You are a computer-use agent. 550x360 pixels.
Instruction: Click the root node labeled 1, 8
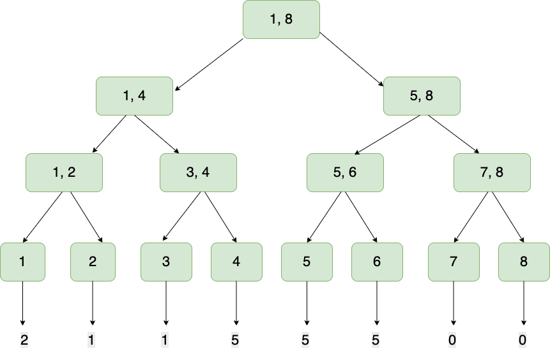(x=281, y=20)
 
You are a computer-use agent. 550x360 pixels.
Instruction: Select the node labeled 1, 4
(x=134, y=96)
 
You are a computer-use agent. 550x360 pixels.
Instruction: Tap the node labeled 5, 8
(x=422, y=96)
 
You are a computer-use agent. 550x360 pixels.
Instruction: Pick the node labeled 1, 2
(x=64, y=172)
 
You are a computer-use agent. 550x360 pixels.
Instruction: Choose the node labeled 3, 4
(x=198, y=172)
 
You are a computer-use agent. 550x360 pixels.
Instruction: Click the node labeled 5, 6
(x=345, y=172)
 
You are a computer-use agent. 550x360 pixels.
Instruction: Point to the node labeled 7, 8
(x=492, y=172)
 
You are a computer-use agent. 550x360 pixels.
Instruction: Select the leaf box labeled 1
(x=22, y=262)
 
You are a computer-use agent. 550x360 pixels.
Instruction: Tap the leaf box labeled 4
(x=236, y=262)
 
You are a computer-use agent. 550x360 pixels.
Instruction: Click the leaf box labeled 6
(x=377, y=262)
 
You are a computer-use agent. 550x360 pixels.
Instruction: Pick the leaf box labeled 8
(x=524, y=262)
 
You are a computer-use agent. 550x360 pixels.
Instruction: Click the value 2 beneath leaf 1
(x=24, y=340)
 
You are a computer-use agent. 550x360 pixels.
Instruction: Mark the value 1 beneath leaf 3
(x=165, y=340)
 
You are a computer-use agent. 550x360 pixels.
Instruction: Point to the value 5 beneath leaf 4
(x=235, y=340)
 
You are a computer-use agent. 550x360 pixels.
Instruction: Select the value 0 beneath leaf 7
(x=452, y=340)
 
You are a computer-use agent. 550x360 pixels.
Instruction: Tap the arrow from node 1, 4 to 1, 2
(x=112, y=135)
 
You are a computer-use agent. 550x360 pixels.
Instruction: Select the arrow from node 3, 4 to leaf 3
(x=182, y=217)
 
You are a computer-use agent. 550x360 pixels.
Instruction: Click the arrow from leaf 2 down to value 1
(x=93, y=303)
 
